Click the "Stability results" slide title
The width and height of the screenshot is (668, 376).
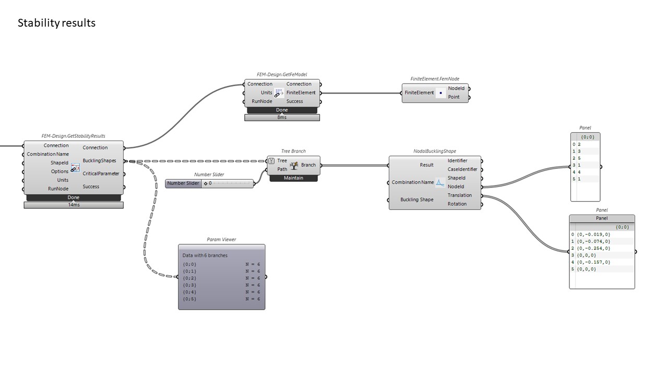[x=56, y=23]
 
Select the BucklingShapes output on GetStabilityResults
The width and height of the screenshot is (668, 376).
[x=99, y=161]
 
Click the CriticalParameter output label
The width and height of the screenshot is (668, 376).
[x=101, y=173]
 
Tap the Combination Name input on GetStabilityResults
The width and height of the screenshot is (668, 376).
[x=48, y=154]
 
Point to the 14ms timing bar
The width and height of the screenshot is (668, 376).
[x=74, y=205]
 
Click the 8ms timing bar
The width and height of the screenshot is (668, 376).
[x=282, y=118]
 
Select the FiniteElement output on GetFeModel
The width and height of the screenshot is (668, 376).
[x=301, y=92]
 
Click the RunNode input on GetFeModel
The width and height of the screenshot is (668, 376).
[x=262, y=101]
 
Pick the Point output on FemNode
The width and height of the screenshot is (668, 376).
[x=454, y=97]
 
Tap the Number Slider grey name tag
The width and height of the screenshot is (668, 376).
[x=183, y=183]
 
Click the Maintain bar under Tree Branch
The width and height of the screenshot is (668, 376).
[x=293, y=178]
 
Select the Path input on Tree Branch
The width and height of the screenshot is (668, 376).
[x=282, y=169]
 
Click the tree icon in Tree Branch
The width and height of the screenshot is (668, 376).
[x=294, y=166]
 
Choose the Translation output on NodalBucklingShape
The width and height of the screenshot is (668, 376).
[x=459, y=195]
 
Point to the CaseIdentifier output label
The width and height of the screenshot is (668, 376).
[x=462, y=169]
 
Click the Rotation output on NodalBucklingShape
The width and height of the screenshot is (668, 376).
[x=457, y=204]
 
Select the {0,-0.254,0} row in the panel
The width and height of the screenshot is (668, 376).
[x=593, y=248]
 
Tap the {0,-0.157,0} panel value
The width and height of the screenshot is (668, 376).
[x=593, y=262]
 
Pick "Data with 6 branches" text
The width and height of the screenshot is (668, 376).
[x=205, y=255]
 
